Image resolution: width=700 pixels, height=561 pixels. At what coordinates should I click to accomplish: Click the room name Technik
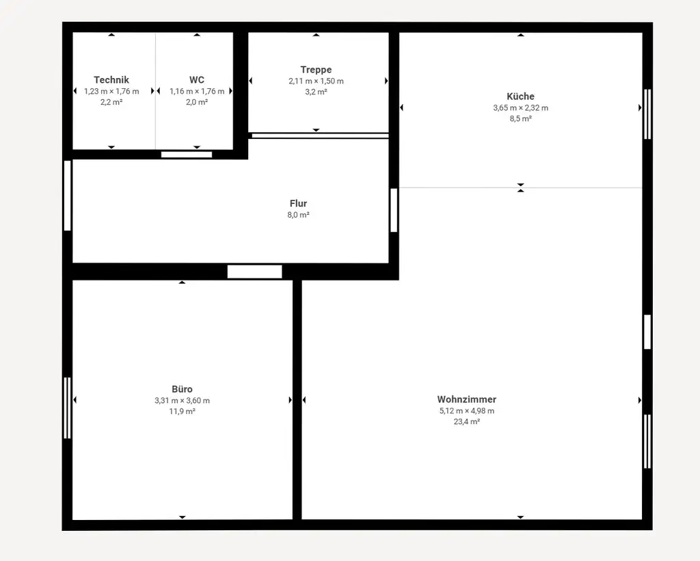pyautogui.click(x=111, y=80)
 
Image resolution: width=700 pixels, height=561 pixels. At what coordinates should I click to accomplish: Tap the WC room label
pyautogui.click(x=197, y=80)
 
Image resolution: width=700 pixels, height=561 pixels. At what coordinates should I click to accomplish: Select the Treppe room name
pyautogui.click(x=316, y=70)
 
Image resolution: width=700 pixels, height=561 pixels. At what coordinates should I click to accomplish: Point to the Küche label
pyautogui.click(x=520, y=96)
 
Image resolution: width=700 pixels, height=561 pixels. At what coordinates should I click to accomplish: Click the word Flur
pyautogui.click(x=298, y=203)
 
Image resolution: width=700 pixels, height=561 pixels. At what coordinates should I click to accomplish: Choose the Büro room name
pyautogui.click(x=182, y=389)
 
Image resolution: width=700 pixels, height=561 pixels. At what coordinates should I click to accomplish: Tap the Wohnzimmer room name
pyautogui.click(x=467, y=400)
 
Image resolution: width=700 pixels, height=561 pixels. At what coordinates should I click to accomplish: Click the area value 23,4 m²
pyautogui.click(x=467, y=422)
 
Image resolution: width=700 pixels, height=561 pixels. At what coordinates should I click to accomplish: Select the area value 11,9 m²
pyautogui.click(x=182, y=412)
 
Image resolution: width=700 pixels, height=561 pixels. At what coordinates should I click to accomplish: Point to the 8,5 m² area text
pyautogui.click(x=520, y=118)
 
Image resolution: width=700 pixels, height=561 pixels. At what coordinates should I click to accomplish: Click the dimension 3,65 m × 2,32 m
pyautogui.click(x=520, y=107)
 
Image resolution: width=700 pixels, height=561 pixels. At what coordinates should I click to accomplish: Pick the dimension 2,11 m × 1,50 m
pyautogui.click(x=316, y=81)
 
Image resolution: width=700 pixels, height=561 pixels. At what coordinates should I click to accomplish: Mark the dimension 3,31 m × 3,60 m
pyautogui.click(x=182, y=401)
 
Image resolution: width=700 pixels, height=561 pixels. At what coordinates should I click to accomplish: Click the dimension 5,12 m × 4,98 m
pyautogui.click(x=467, y=411)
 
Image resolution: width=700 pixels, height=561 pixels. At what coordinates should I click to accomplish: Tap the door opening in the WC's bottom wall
pyautogui.click(x=187, y=155)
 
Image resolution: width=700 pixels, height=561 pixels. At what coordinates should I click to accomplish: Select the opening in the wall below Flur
pyautogui.click(x=254, y=272)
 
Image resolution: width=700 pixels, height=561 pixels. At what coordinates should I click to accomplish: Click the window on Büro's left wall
pyautogui.click(x=67, y=408)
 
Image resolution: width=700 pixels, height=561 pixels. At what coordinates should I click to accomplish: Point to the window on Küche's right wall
pyautogui.click(x=647, y=114)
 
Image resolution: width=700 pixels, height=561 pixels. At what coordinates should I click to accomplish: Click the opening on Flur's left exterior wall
pyautogui.click(x=67, y=196)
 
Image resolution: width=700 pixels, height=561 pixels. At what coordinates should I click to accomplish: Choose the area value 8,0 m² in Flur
pyautogui.click(x=298, y=215)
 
